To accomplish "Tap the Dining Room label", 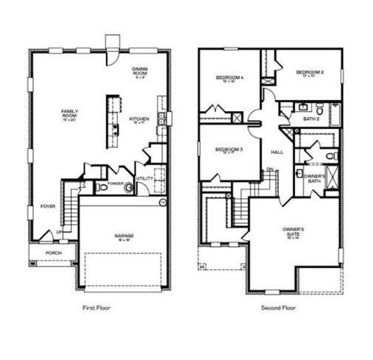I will [x=140, y=71].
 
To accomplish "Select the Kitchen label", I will [x=139, y=120].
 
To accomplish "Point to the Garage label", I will [x=125, y=236].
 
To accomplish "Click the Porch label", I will [x=54, y=253].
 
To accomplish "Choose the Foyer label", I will [x=48, y=206].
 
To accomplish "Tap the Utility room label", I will [x=145, y=179].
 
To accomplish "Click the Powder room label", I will [x=116, y=183].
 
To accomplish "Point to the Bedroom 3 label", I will [x=228, y=150].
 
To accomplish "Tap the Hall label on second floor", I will [x=277, y=152].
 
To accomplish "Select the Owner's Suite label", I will [x=294, y=232].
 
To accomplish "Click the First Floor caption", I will [x=97, y=308].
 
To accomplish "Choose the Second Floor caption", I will [x=278, y=308].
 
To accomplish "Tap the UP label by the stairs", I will [x=59, y=232].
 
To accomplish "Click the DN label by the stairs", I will [x=270, y=169].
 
